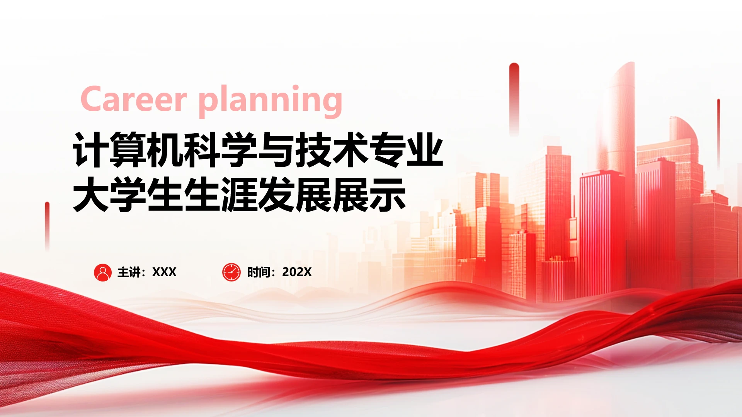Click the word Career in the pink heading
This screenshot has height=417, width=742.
pyautogui.click(x=134, y=99)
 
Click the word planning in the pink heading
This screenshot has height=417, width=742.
pyautogui.click(x=271, y=102)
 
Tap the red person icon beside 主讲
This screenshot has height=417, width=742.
pyautogui.click(x=103, y=272)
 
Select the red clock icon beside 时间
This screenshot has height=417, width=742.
pyautogui.click(x=231, y=272)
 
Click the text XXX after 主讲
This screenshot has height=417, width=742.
pyautogui.click(x=164, y=272)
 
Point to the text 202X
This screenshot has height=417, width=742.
pyautogui.click(x=297, y=272)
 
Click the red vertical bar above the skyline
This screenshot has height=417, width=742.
pyautogui.click(x=514, y=98)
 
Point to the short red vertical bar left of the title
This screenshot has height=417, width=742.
pyautogui.click(x=47, y=226)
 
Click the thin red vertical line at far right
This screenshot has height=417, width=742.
pyautogui.click(x=718, y=133)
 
